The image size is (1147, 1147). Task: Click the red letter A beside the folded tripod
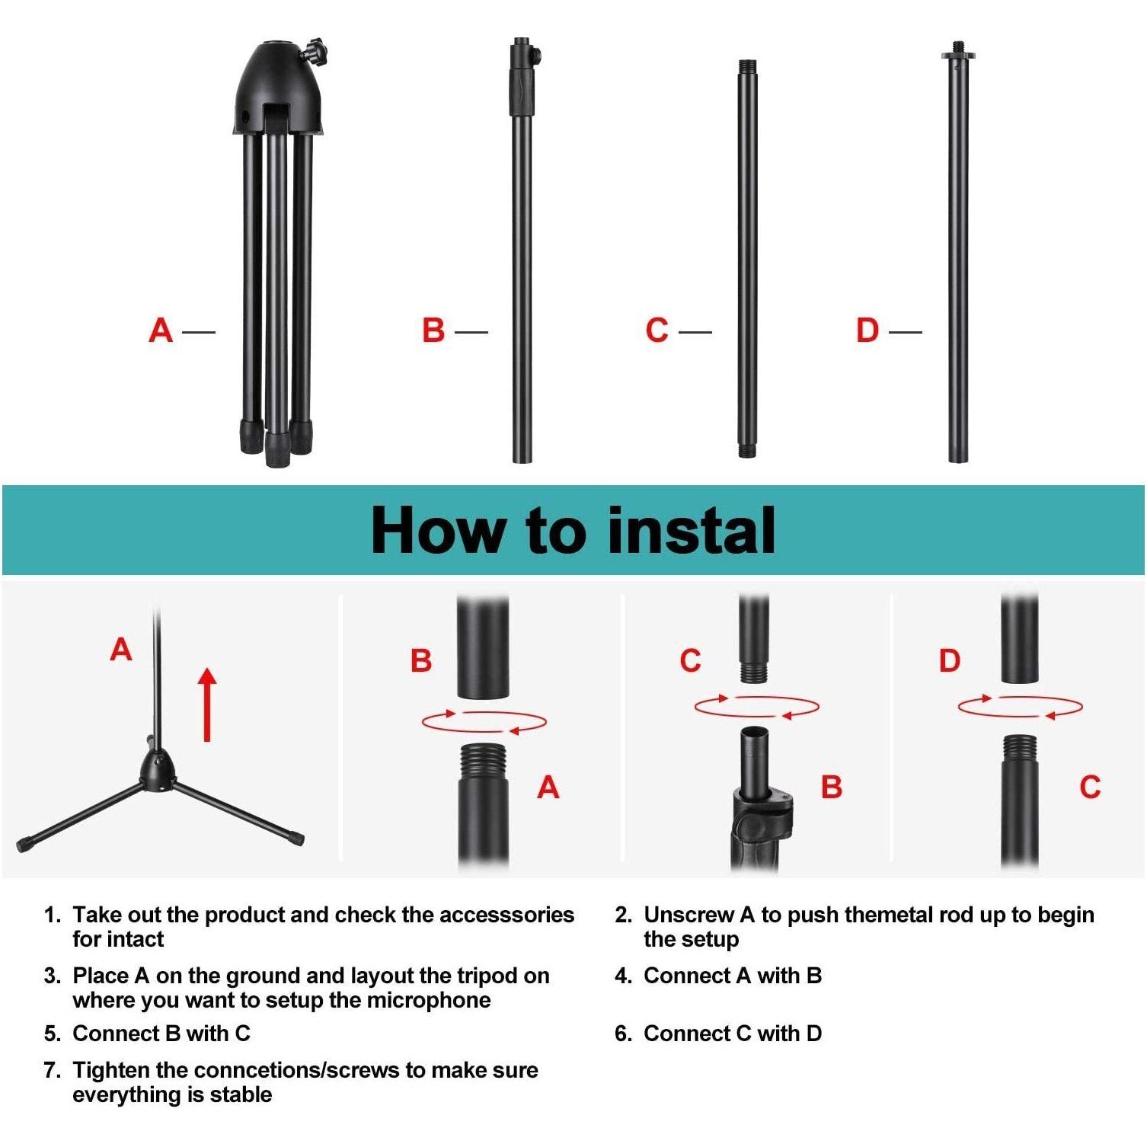[161, 331]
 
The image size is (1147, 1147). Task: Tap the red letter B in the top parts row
[433, 331]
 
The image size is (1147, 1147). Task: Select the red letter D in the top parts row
[867, 331]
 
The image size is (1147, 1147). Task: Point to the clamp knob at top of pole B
[535, 56]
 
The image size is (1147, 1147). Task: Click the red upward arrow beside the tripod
[207, 704]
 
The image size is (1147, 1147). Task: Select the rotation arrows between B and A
[484, 721]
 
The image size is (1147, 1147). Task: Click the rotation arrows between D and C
[1021, 706]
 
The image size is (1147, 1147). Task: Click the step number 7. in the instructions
[52, 1070]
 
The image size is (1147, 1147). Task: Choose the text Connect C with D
[733, 1034]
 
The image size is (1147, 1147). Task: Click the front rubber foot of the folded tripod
[277, 449]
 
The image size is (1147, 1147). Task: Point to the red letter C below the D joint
[1091, 787]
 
